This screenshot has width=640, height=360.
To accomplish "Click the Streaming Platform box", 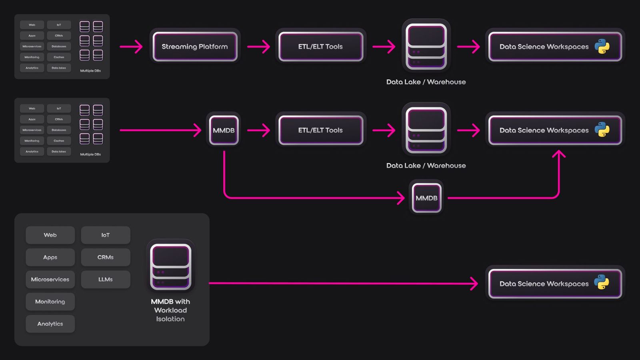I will [195, 46].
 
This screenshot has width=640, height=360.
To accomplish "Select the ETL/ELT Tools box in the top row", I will [320, 46].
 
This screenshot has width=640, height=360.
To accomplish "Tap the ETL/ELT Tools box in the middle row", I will [320, 130].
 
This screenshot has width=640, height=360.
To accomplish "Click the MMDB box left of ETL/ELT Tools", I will [224, 130].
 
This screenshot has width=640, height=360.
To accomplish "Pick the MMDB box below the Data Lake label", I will [426, 198].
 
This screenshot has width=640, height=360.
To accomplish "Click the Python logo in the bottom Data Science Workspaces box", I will [602, 282].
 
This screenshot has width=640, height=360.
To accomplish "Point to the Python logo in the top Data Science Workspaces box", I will [602, 46].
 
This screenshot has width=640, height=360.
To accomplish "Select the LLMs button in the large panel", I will [106, 279].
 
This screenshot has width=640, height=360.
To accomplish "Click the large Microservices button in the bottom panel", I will [50, 279].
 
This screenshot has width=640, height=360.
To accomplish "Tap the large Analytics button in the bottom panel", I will [50, 324].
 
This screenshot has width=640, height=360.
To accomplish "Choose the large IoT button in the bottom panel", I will [106, 235].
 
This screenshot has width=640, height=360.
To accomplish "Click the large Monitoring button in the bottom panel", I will [50, 302].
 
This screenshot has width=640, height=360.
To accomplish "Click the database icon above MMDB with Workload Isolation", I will [170, 266].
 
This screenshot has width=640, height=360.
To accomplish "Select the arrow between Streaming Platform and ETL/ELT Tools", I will [259, 46].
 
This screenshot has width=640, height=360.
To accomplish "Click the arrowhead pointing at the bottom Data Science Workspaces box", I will [474, 284].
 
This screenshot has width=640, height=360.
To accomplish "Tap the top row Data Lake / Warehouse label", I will [426, 82].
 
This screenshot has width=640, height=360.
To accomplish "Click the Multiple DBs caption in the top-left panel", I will [90, 71].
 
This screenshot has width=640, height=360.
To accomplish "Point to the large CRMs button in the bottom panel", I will [106, 257].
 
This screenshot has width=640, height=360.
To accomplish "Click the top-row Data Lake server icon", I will [426, 46].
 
